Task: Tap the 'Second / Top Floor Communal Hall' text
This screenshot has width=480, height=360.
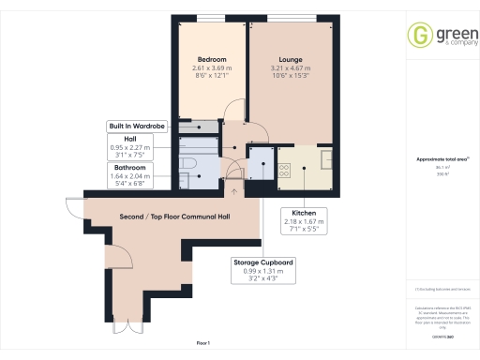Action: pos(169,217)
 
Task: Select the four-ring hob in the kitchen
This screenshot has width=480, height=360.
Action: pos(284,170)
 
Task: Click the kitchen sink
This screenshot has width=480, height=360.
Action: pos(326,159)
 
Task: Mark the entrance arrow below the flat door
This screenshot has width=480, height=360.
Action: pos(232,191)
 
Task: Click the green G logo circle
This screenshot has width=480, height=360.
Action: pos(419,36)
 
